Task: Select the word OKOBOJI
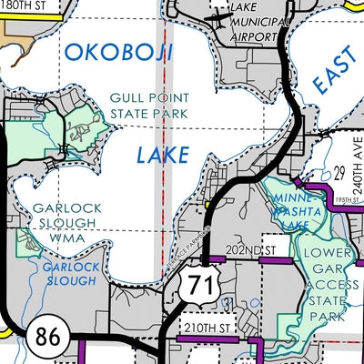pos(116,52)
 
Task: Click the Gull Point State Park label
pos(150,106)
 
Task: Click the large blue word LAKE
pos(162,156)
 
